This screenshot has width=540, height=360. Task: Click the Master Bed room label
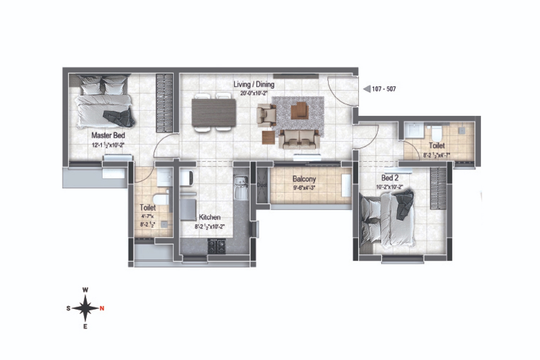[108, 135]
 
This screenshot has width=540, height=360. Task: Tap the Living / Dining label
[254, 84]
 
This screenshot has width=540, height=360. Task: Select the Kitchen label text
[210, 217]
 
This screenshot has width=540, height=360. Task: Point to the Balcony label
[304, 179]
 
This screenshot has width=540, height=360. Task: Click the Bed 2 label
[390, 178]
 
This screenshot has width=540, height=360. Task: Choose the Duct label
[262, 185]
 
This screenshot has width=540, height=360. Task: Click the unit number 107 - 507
[384, 89]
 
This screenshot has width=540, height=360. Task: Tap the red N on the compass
[102, 309]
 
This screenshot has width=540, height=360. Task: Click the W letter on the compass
[85, 290]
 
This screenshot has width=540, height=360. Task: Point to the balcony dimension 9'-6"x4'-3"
[304, 187]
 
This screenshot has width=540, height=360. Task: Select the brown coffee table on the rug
[300, 110]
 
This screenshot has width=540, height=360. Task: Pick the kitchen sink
[240, 187]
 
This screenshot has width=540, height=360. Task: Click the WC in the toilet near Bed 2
[436, 133]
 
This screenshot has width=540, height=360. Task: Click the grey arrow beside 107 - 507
[367, 89]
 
